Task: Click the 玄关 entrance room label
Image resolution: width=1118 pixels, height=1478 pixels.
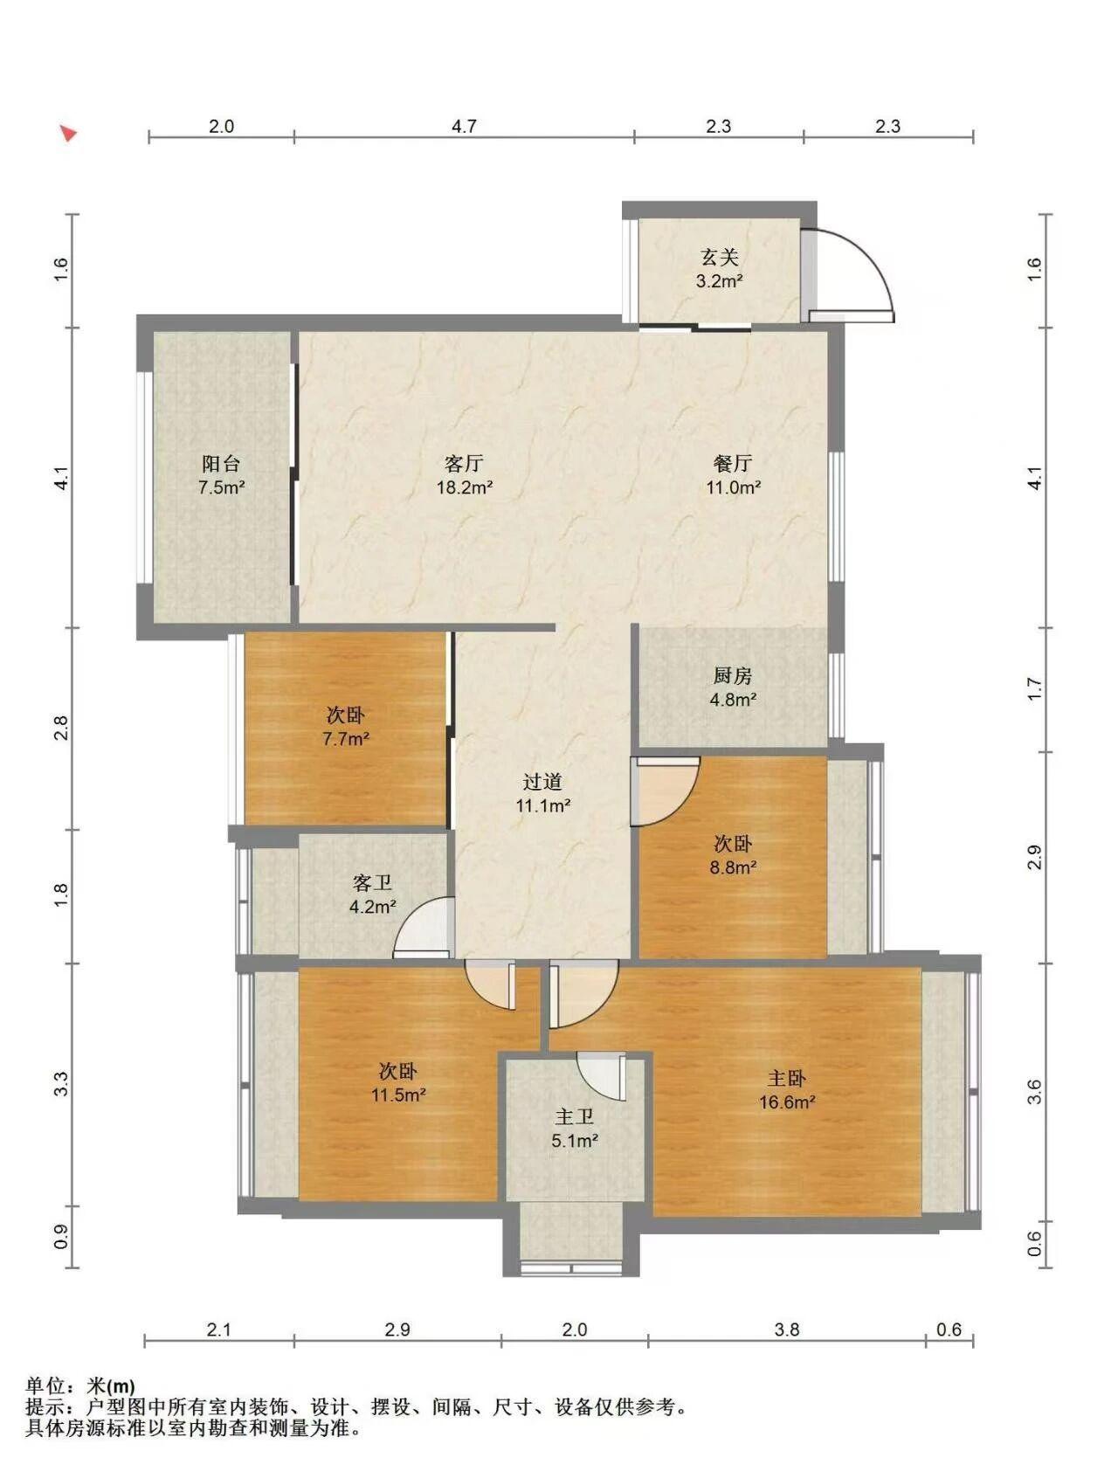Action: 720,257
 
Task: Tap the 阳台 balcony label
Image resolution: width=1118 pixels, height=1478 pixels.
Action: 221,464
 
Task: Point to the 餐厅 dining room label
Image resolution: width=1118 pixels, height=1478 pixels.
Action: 733,464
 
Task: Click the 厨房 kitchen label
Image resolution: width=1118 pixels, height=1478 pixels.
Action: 733,675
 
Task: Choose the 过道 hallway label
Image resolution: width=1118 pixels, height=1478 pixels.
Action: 542,782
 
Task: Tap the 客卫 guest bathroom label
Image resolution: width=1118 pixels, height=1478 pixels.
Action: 373,883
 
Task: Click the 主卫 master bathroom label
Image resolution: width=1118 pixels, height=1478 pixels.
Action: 575,1116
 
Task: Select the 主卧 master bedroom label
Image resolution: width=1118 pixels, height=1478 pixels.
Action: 787,1079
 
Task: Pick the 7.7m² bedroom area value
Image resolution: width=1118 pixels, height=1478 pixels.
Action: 346,739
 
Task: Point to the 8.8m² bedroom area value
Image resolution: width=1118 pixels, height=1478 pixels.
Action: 733,867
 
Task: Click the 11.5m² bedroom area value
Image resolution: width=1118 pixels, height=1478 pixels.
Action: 398,1095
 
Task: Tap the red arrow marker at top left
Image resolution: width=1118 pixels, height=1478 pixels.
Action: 68,133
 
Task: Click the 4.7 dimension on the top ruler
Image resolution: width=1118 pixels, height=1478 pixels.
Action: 464,126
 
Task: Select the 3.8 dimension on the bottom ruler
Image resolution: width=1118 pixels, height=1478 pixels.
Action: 787,1330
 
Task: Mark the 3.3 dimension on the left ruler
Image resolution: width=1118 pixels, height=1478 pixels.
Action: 60,1085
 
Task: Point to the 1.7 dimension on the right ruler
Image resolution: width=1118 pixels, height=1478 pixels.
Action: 1034,689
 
